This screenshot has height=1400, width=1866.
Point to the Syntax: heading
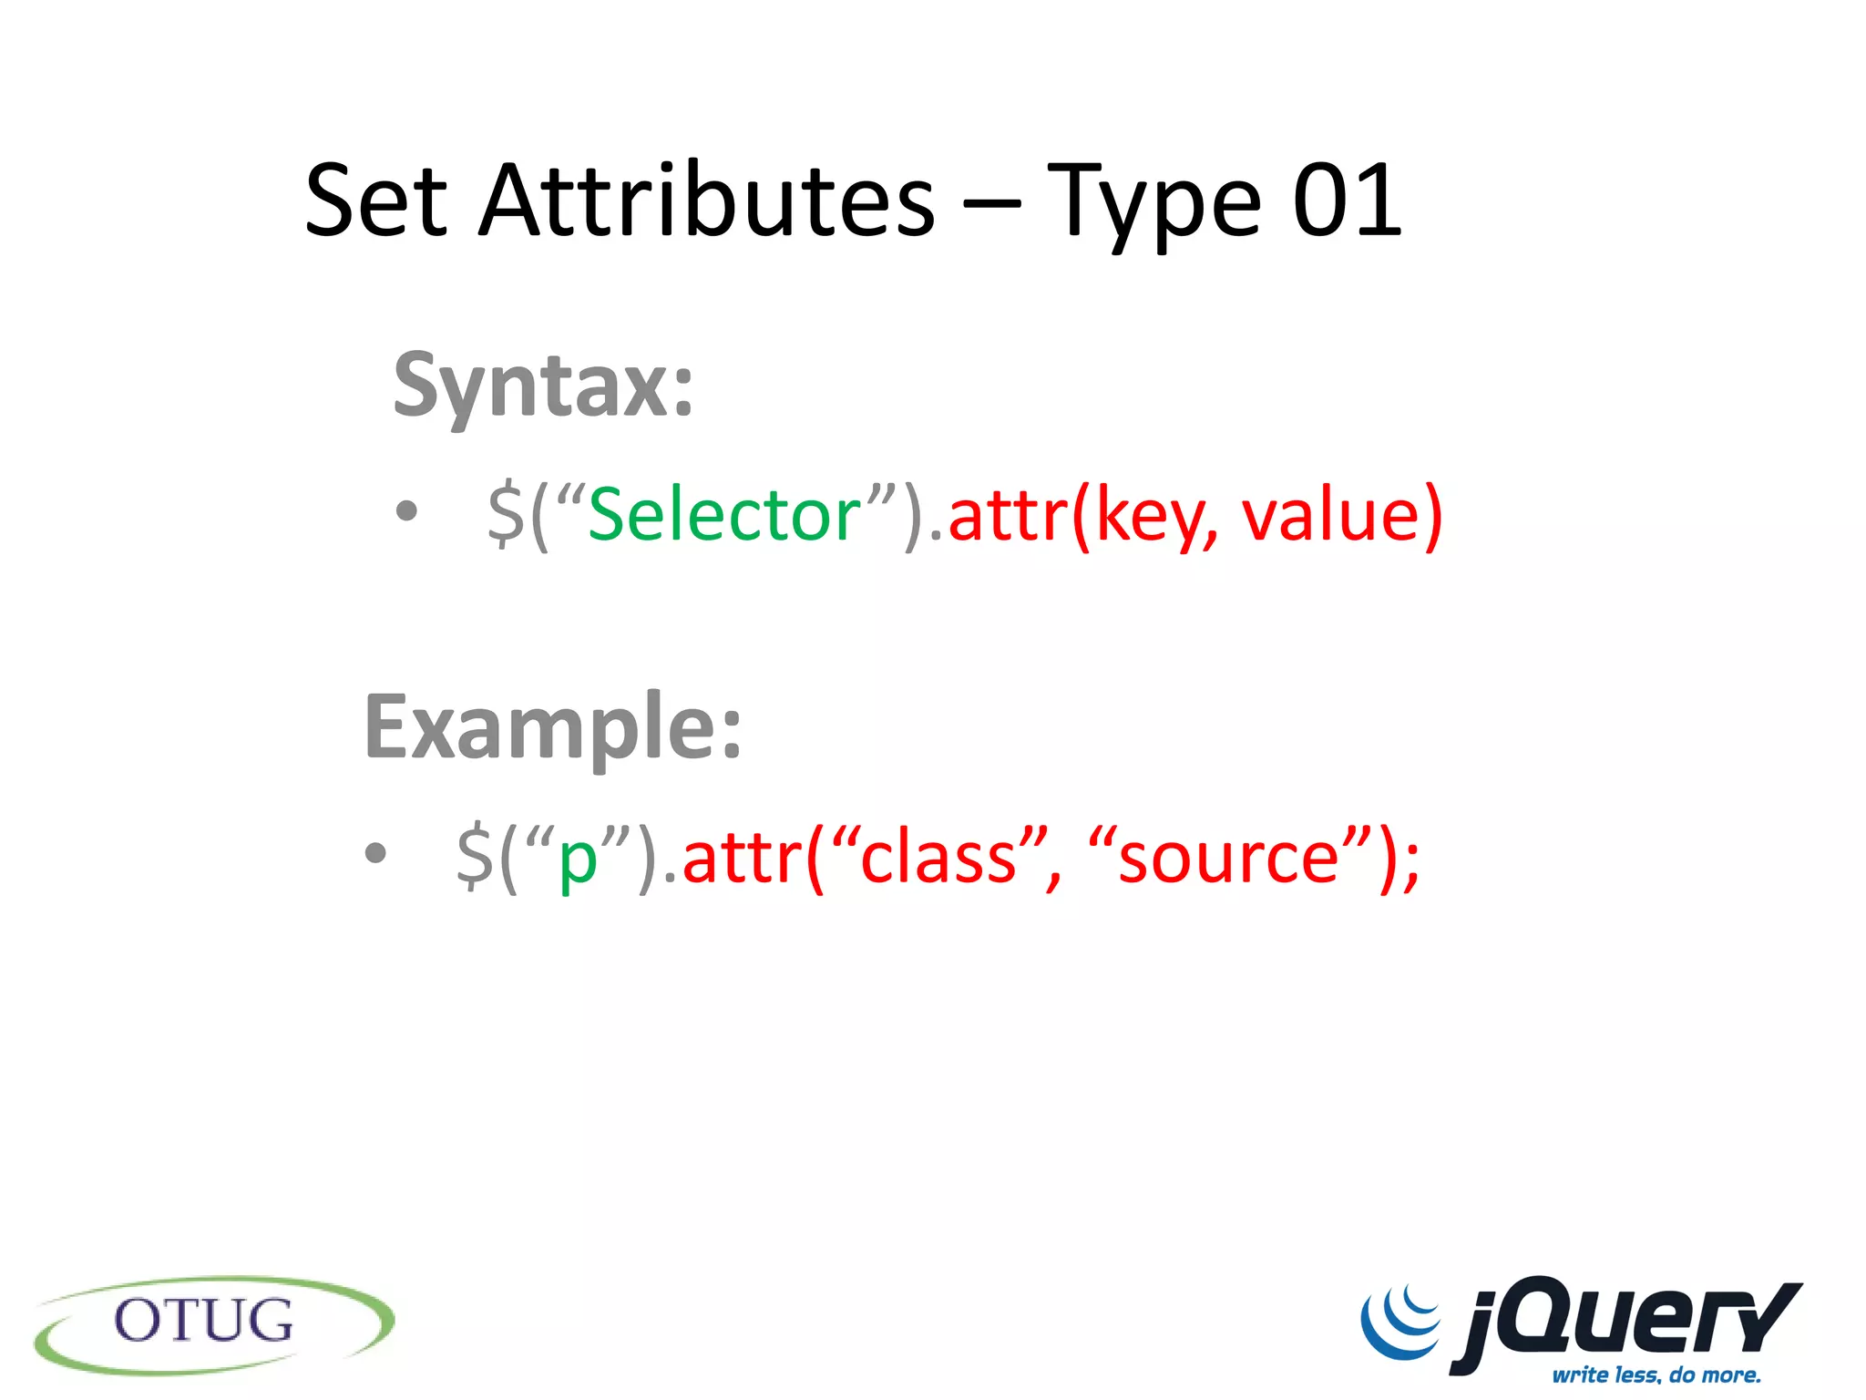tap(543, 386)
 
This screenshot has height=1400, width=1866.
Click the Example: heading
tap(553, 727)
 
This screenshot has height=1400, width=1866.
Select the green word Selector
tap(724, 515)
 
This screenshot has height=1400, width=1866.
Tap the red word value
tap(1330, 515)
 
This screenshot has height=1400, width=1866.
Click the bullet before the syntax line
tap(406, 511)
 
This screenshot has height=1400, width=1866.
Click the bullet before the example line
tap(375, 854)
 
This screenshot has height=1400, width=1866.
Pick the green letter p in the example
tap(577, 861)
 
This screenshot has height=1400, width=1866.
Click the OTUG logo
tap(214, 1323)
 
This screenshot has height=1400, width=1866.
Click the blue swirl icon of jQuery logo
tap(1400, 1320)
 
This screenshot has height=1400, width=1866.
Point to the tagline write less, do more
tap(1656, 1374)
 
